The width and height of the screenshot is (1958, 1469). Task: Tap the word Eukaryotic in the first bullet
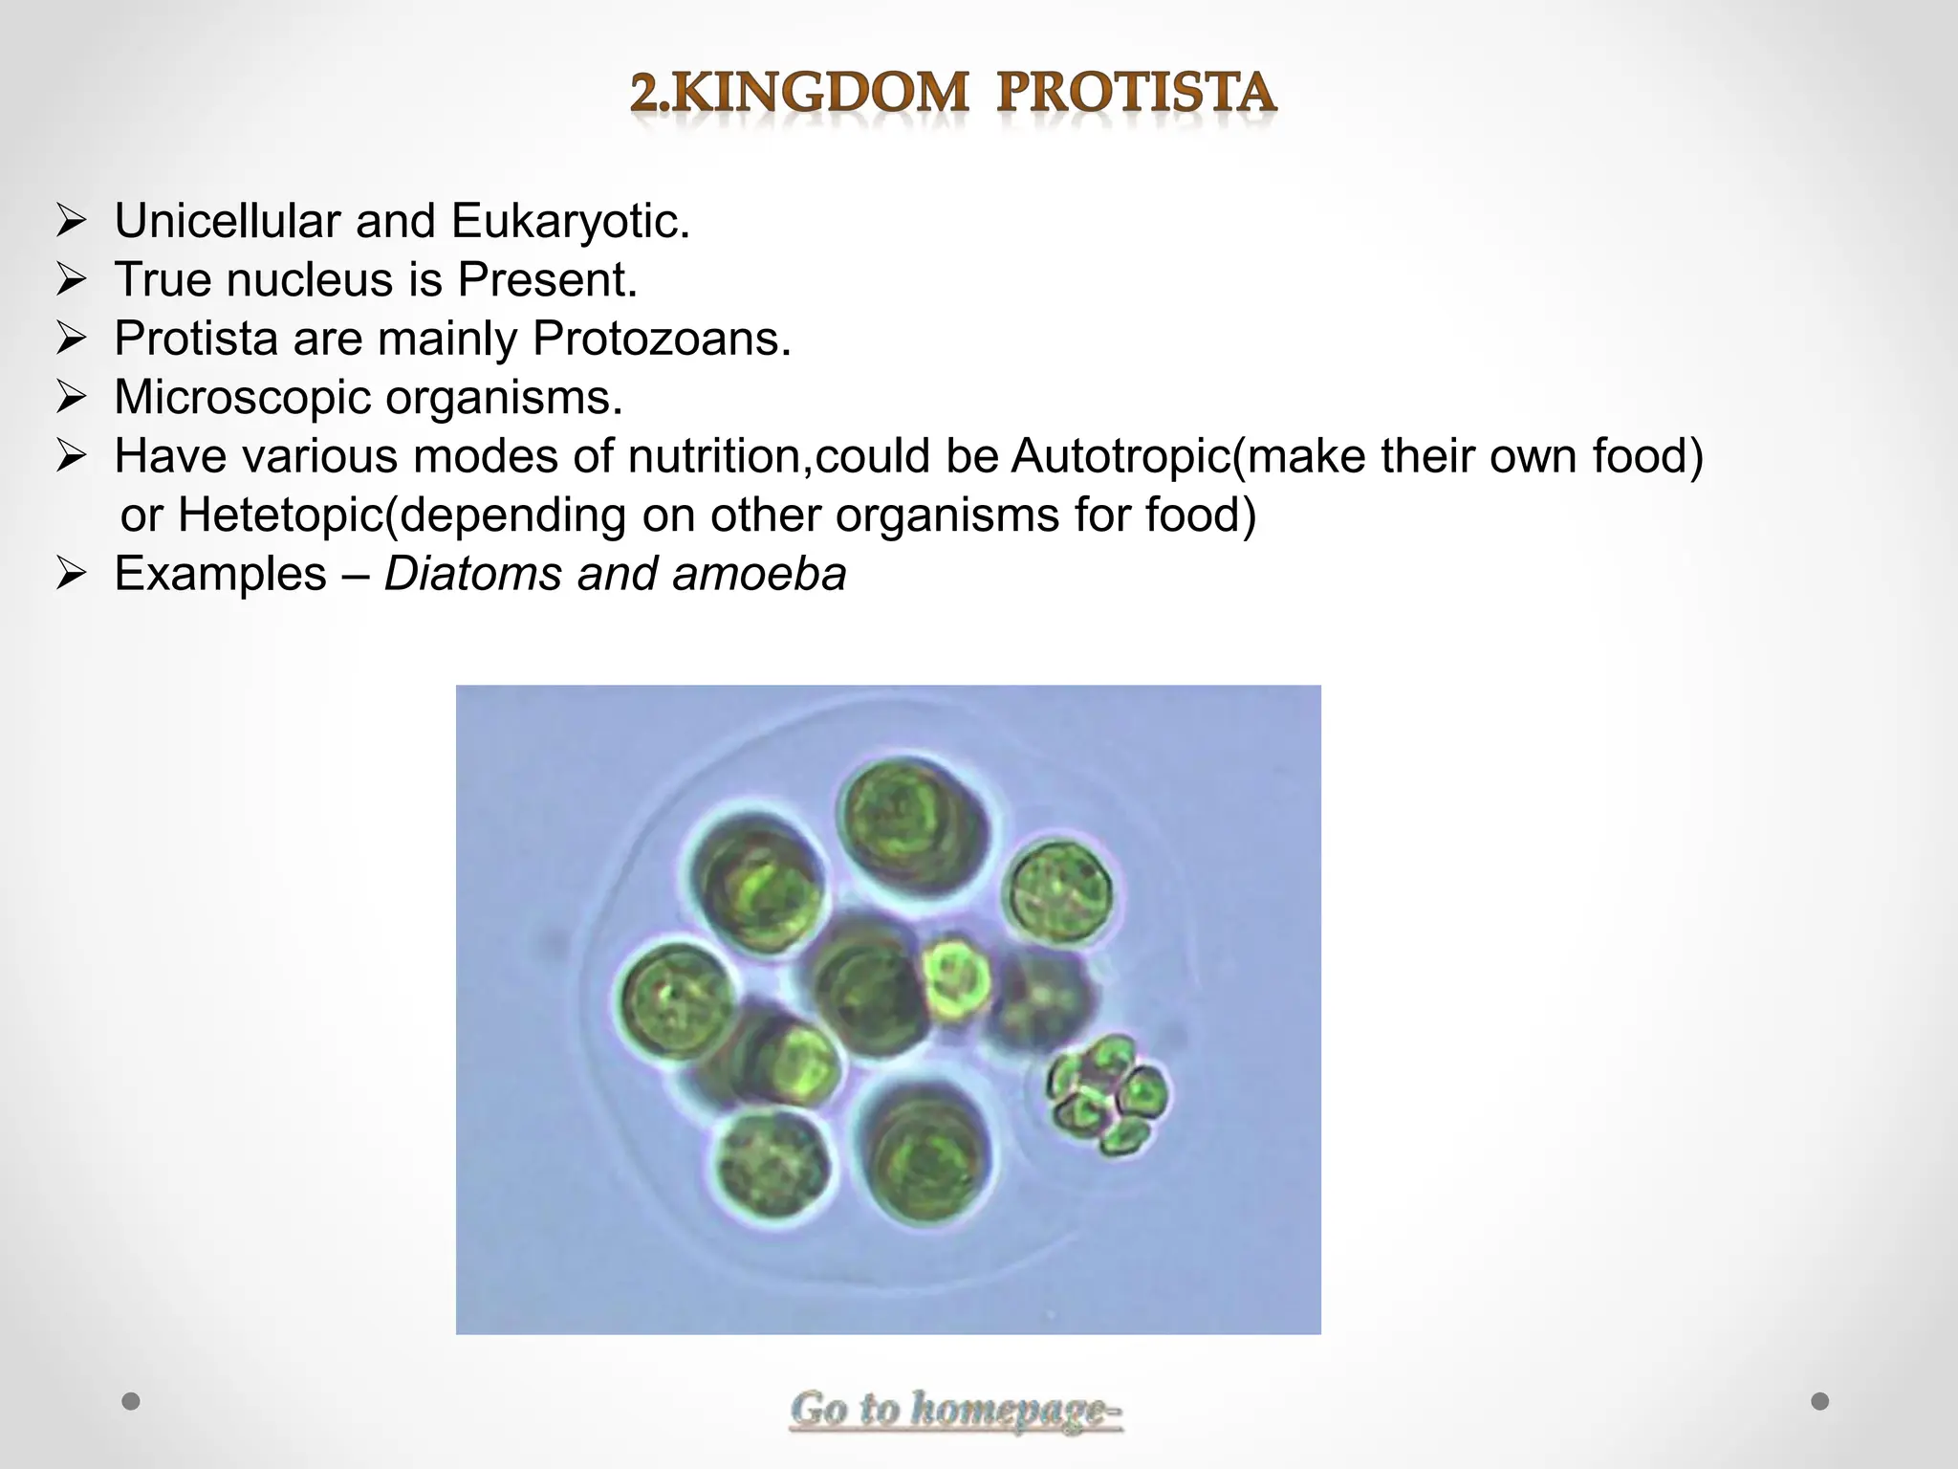(x=570, y=222)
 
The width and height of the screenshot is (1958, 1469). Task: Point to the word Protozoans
(x=662, y=339)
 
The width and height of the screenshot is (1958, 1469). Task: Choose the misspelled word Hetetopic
(x=280, y=515)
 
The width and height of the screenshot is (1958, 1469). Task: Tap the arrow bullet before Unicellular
(x=72, y=222)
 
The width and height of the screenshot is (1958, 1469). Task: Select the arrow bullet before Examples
(x=72, y=574)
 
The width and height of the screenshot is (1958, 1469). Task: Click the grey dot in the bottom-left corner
(x=131, y=1402)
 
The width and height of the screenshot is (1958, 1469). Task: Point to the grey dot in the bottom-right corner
(x=1820, y=1401)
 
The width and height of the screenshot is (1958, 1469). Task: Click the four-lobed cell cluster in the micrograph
(x=1108, y=1095)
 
